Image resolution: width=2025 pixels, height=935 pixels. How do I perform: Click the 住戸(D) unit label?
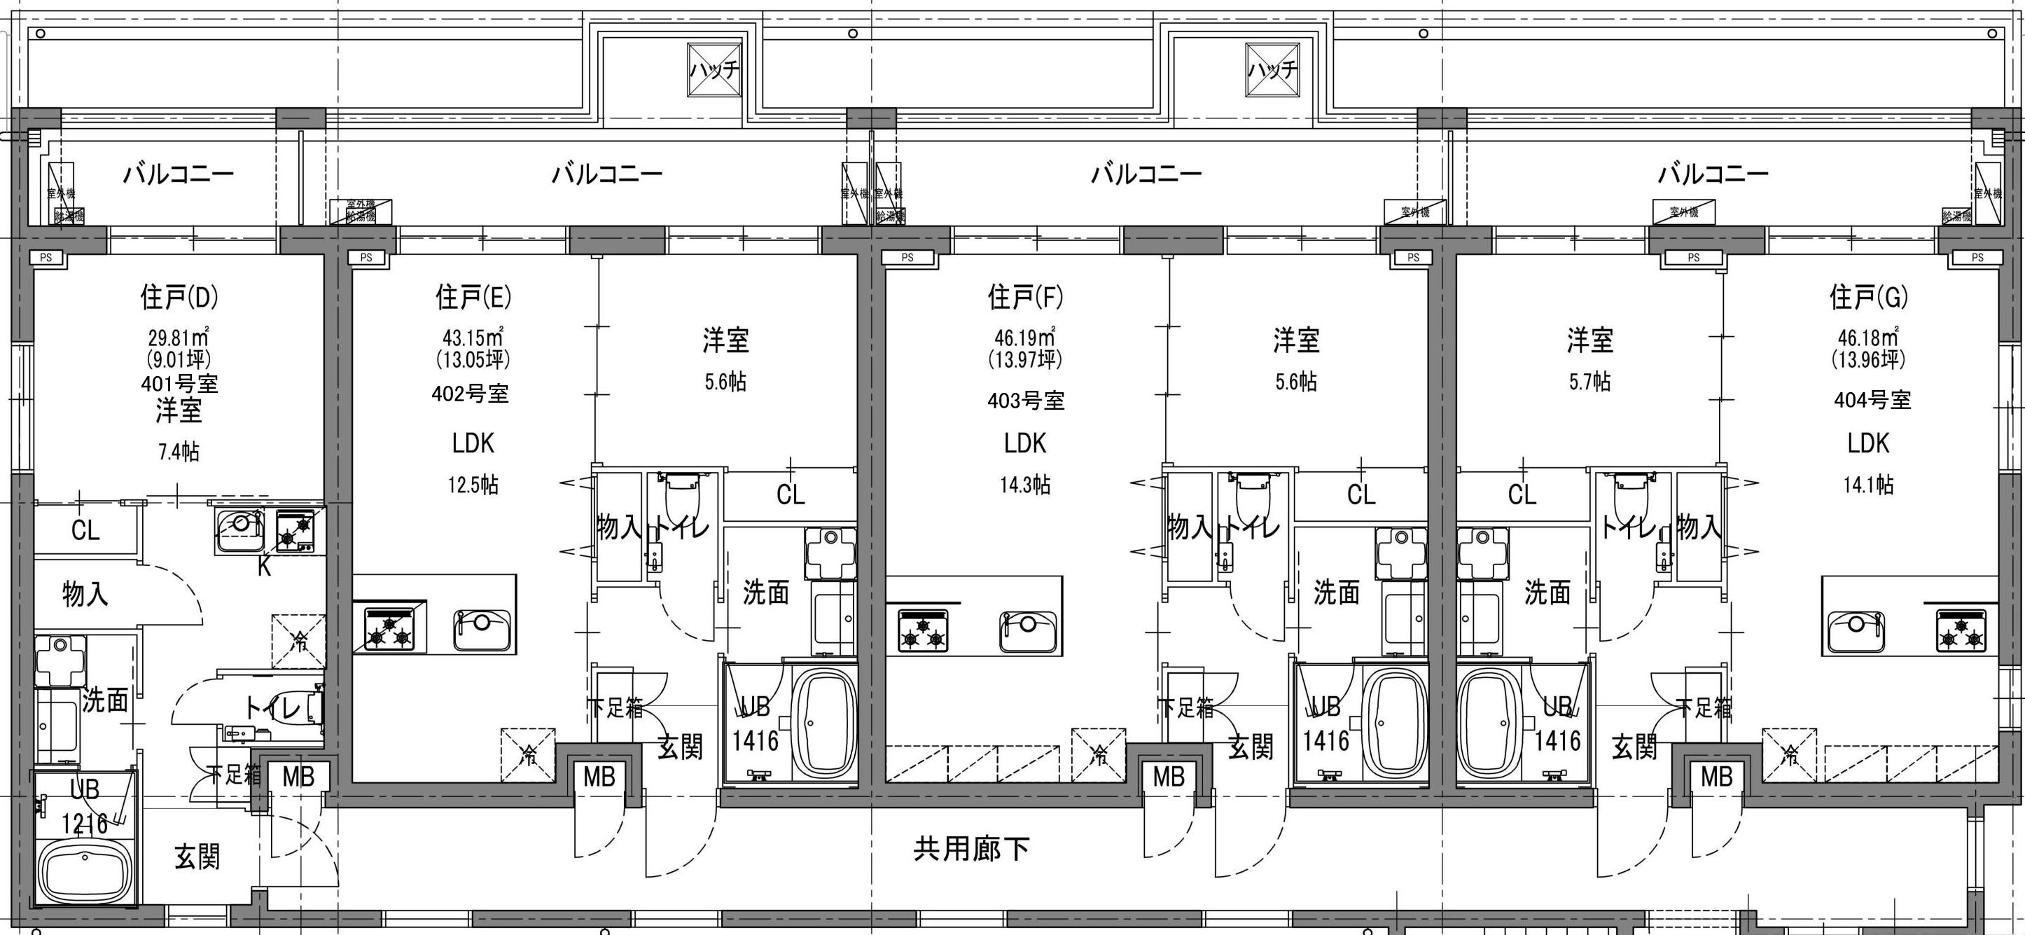179,297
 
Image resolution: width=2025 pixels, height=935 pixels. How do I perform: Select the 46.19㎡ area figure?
1025,338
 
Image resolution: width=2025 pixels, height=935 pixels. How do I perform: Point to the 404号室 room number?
1872,401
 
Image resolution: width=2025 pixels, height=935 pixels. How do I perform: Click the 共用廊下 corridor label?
972,848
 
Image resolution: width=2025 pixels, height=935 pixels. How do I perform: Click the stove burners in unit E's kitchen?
389,628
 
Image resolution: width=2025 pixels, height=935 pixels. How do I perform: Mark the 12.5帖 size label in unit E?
473,485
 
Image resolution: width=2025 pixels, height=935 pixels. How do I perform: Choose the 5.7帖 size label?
1589,383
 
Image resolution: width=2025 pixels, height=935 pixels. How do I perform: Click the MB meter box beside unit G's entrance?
1716,777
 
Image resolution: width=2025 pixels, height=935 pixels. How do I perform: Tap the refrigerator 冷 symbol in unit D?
299,641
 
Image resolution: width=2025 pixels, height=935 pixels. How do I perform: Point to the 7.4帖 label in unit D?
179,452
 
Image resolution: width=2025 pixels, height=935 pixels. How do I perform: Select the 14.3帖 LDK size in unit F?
1025,485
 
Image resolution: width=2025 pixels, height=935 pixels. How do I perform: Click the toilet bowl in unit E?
681,493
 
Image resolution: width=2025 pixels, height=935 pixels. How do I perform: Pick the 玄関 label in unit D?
197,857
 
